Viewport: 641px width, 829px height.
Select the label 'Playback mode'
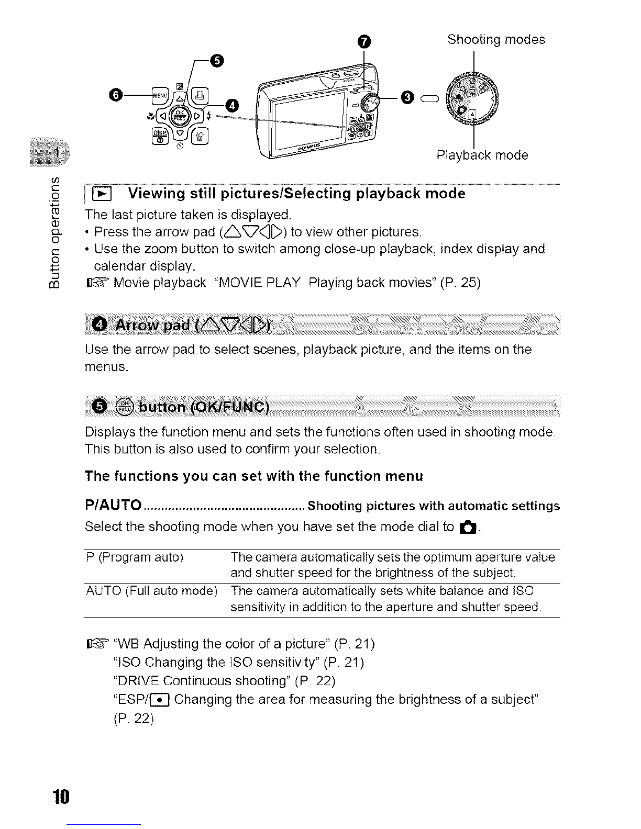pyautogui.click(x=482, y=155)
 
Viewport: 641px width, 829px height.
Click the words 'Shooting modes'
pyautogui.click(x=496, y=40)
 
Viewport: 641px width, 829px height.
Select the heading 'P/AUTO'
pyautogui.click(x=113, y=506)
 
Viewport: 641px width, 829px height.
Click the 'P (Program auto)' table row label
pyautogui.click(x=134, y=557)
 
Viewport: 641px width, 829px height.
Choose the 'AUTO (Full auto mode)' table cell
pyautogui.click(x=151, y=591)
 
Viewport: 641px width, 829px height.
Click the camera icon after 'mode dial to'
pyautogui.click(x=468, y=528)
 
